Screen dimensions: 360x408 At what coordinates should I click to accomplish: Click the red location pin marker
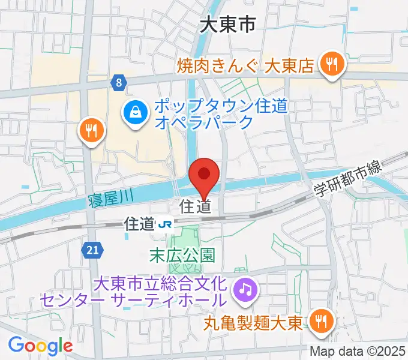click(x=203, y=176)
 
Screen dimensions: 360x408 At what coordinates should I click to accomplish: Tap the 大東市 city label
click(x=228, y=25)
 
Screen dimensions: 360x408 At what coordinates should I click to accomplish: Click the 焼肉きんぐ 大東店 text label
click(x=246, y=65)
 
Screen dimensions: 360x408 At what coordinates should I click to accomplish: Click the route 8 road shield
click(x=119, y=82)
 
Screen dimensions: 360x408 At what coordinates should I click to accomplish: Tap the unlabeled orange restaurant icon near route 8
click(x=92, y=131)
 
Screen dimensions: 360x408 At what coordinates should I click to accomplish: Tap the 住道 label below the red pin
click(x=196, y=207)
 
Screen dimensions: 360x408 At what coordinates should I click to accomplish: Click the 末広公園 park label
click(x=182, y=255)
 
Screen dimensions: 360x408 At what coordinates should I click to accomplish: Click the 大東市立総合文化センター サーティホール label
click(x=134, y=290)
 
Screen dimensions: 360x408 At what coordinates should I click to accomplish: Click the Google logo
click(x=40, y=345)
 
